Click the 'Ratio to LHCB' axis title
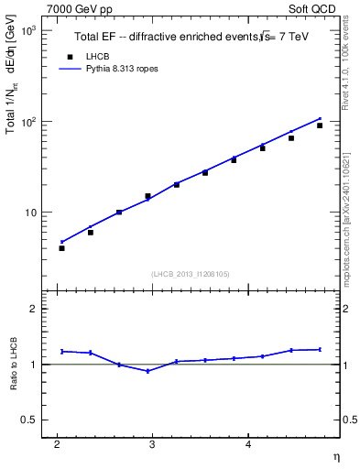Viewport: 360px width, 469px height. pyautogui.click(x=14, y=364)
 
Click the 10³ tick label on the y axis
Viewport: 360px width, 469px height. pyautogui.click(x=27, y=30)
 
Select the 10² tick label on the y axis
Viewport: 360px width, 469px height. pyautogui.click(x=27, y=121)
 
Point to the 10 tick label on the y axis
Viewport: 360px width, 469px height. pyautogui.click(x=29, y=212)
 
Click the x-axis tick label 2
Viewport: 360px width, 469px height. pyautogui.click(x=57, y=444)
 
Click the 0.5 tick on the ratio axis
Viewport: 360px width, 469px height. pyautogui.click(x=29, y=420)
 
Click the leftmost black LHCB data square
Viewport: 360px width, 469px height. pyautogui.click(x=61, y=248)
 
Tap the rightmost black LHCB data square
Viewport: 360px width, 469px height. pyautogui.click(x=320, y=125)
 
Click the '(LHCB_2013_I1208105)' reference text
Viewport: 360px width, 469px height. pyautogui.click(x=190, y=274)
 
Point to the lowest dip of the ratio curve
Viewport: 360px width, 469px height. pyautogui.click(x=147, y=371)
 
